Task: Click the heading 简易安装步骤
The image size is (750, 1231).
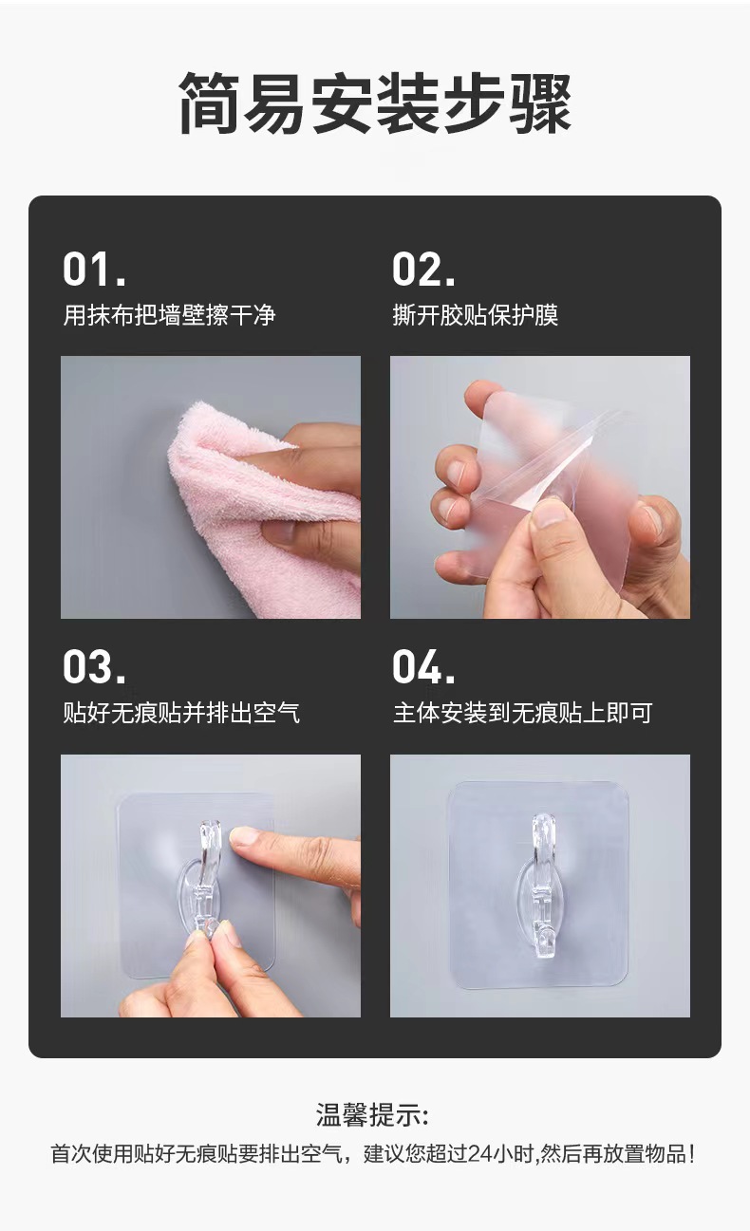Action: pos(375,103)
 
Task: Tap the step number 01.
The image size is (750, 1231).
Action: pos(94,270)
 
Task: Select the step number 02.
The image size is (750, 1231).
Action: pos(423,270)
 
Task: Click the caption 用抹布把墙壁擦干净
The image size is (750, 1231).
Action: pos(169,315)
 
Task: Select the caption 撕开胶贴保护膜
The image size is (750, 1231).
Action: pos(475,315)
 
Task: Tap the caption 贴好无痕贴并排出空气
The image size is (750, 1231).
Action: pos(181,713)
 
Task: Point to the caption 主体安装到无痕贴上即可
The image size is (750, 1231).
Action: pos(522,713)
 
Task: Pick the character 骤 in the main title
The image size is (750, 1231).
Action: pos(540,103)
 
